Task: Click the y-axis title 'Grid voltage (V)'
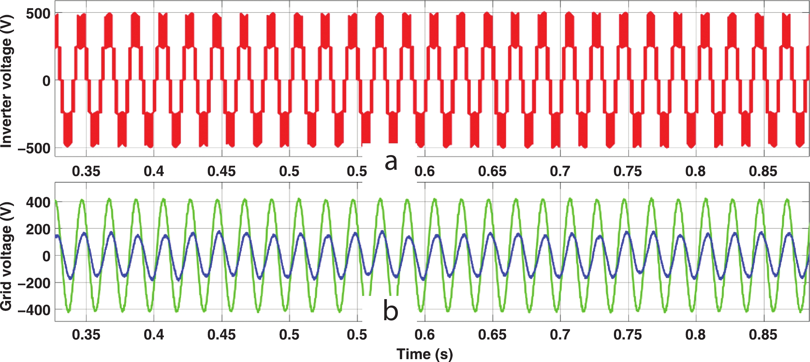point(6,256)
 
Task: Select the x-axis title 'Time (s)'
point(425,354)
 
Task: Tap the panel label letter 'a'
point(391,162)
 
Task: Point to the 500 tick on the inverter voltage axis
point(38,14)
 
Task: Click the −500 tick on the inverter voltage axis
point(34,148)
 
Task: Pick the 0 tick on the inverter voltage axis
point(47,81)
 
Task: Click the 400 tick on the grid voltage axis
point(38,202)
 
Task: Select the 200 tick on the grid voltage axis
point(38,229)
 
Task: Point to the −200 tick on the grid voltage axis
point(34,283)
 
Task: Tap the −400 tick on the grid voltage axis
point(34,310)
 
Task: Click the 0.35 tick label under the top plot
point(86,171)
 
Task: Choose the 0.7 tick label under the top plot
point(560,171)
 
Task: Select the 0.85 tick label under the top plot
point(763,171)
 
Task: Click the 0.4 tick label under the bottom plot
point(154,334)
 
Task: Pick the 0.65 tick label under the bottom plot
point(492,334)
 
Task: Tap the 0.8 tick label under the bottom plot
point(696,334)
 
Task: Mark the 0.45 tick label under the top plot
point(221,171)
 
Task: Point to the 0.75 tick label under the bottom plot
point(628,334)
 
